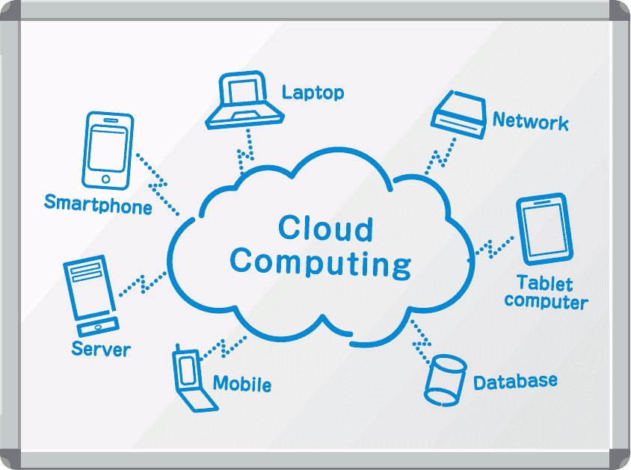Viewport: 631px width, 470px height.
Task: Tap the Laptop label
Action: pos(313,93)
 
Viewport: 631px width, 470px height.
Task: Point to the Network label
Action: pos(530,122)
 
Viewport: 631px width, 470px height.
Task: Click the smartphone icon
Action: pos(109,151)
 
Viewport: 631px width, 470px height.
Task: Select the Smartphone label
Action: pos(98,204)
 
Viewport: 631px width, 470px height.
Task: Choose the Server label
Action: pos(101,348)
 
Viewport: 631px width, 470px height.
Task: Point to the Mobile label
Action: pos(241,384)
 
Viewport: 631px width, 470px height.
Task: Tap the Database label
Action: pos(515,381)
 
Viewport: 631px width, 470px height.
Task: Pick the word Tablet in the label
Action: pos(545,284)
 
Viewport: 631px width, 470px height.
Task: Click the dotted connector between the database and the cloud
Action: pos(421,334)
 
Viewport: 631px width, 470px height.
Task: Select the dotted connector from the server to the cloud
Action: pos(141,282)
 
